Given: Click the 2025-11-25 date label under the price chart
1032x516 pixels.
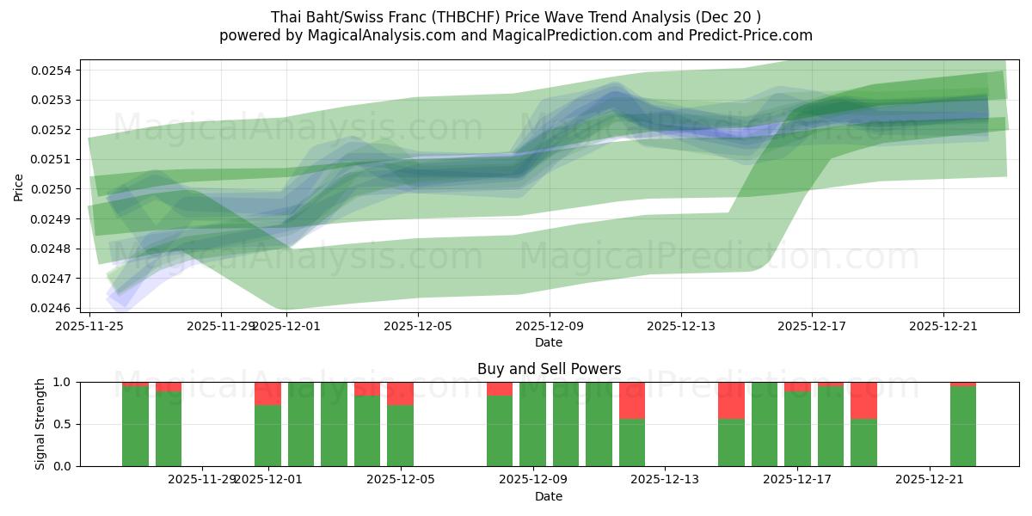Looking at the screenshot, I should (x=89, y=326).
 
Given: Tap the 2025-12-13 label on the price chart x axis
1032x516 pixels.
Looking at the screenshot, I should (x=681, y=326).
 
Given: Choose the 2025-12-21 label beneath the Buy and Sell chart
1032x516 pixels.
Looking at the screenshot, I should (x=931, y=479).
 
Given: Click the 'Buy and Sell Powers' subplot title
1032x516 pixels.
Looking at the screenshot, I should (x=549, y=369).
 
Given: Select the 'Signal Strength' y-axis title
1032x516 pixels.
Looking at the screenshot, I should (x=40, y=424).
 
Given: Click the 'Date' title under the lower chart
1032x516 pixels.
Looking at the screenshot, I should (x=549, y=496).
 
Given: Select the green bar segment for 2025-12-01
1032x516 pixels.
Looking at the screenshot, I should (x=267, y=435).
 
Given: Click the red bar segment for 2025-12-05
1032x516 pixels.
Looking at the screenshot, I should (x=400, y=393).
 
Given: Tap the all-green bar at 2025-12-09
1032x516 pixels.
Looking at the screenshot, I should (x=532, y=424).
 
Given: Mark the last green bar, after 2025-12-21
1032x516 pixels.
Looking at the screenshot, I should (x=963, y=427).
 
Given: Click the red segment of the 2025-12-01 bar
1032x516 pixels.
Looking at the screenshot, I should (x=267, y=393).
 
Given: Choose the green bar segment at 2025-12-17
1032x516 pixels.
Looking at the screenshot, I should (x=797, y=429).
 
